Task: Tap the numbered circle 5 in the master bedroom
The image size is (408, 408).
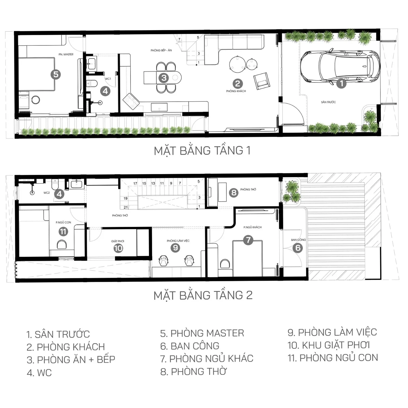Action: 56,74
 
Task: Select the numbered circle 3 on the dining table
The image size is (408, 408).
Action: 164,78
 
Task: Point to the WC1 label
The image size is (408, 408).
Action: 108,79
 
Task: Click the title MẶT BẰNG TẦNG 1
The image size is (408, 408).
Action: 202,151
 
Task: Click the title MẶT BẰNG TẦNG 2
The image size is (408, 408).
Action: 203,295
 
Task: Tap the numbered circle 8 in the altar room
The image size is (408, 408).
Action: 234,193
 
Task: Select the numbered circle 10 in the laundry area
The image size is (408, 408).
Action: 118,248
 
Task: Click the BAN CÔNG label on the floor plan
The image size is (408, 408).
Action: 298,240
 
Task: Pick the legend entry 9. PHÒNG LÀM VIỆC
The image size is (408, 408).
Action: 332,332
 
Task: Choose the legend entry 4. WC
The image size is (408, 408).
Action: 39,373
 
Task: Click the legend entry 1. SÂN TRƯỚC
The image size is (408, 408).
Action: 58,334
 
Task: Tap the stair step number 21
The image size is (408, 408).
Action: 126,207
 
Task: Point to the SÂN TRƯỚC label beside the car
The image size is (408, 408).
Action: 328,102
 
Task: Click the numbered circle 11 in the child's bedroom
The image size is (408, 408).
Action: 63,232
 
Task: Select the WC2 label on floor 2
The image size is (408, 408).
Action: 47,193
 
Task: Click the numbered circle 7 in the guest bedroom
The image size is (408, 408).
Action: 248,240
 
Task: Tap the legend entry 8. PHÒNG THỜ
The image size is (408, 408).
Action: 193,371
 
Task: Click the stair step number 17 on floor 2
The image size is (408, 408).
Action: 135,183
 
